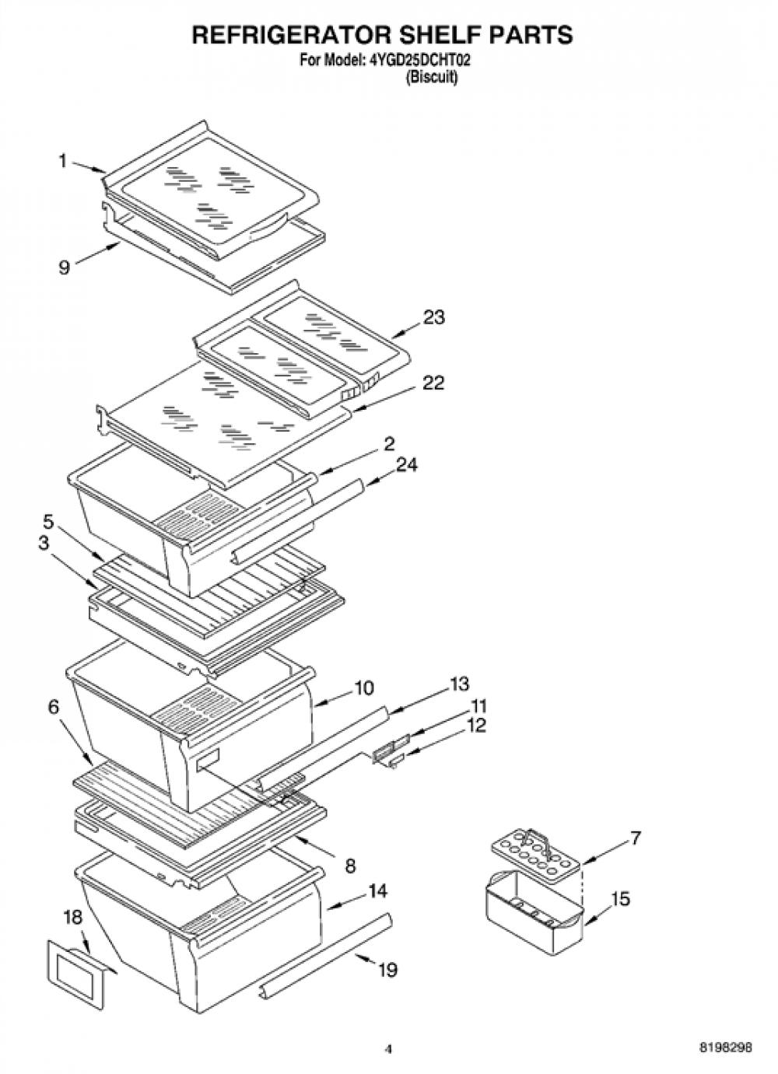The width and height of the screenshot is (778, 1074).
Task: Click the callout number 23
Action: tap(433, 317)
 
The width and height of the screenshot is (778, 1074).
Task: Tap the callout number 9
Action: tap(65, 267)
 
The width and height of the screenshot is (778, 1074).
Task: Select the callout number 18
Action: tap(73, 918)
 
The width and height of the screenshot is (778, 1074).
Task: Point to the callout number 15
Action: tap(621, 899)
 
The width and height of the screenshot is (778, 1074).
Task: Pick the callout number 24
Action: tap(406, 464)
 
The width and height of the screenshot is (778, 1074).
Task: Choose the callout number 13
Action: tap(459, 684)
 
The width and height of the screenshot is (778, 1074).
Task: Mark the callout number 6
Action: tap(54, 707)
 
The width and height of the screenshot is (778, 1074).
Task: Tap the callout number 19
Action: tap(387, 971)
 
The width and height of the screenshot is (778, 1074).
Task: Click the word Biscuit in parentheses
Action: tap(431, 77)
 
